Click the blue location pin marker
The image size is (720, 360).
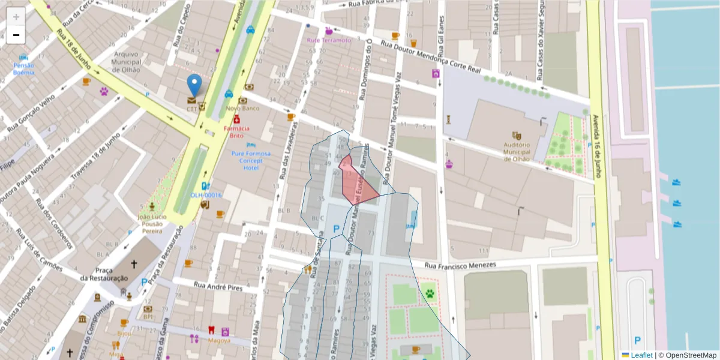(194, 85)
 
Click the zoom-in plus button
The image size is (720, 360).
(16, 17)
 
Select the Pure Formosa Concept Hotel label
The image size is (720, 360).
(251, 161)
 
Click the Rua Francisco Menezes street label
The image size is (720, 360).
(460, 265)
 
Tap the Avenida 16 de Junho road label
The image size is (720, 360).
(596, 148)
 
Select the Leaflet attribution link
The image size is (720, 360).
(641, 355)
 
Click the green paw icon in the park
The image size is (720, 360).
(430, 293)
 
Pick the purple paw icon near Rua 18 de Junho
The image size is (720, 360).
(104, 92)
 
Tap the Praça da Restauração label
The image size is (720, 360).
(104, 275)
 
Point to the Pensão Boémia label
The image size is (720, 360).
(24, 69)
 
